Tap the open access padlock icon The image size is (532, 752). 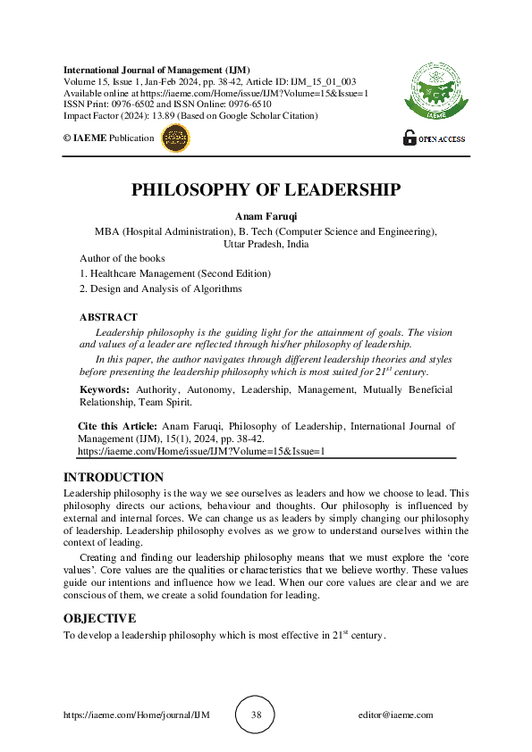tap(410, 138)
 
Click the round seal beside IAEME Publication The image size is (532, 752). tap(174, 138)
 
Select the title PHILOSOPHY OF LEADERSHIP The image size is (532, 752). tap(266, 190)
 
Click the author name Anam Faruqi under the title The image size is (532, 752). tap(266, 216)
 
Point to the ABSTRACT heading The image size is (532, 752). tap(108, 317)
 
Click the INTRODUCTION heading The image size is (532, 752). tap(114, 478)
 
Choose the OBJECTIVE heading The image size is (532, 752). tap(99, 618)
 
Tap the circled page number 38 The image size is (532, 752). tap(256, 715)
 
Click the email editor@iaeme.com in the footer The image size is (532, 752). tap(395, 715)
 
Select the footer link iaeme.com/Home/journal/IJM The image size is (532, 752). tap(136, 715)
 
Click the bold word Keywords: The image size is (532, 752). tap(105, 390)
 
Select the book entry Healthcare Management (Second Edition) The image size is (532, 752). tap(180, 273)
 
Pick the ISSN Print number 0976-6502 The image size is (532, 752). tap(134, 104)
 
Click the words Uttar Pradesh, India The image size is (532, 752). tap(266, 242)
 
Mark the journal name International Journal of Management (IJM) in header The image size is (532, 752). tap(156, 70)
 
